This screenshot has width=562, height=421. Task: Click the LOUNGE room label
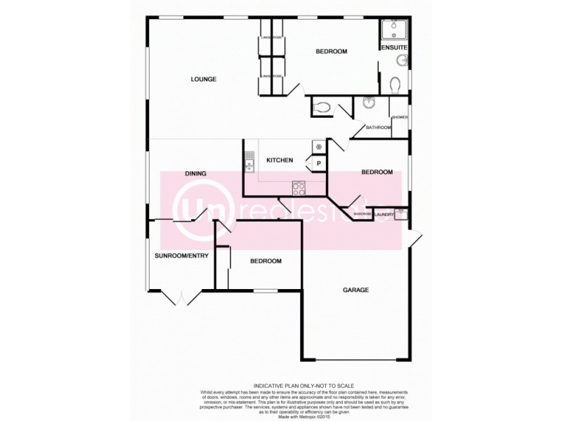[204, 79]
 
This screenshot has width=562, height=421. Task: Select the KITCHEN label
[279, 161]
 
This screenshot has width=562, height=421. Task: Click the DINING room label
[195, 173]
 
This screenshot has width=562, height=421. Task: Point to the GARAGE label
[355, 290]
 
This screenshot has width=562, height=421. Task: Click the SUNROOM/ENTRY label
[182, 256]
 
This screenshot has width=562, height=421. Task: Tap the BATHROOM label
[378, 128]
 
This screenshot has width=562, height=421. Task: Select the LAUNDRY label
[384, 213]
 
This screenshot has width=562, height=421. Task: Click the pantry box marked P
[318, 163]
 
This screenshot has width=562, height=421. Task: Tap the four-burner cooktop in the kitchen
[299, 187]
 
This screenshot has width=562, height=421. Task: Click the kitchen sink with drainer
[249, 161]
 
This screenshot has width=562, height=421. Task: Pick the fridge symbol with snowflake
[318, 147]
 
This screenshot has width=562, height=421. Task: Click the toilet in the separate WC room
[322, 107]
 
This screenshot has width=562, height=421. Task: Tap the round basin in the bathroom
[368, 102]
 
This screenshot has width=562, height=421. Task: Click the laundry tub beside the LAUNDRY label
[401, 214]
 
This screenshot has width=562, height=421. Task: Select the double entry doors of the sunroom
[181, 298]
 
